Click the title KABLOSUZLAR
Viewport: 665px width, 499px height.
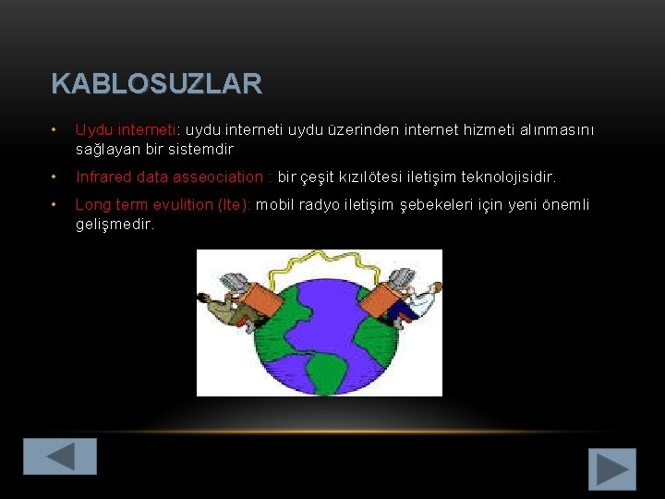click(157, 85)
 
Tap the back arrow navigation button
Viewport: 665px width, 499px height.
click(60, 456)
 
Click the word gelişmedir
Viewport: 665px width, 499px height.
click(115, 224)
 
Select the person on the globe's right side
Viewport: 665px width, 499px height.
click(406, 296)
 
